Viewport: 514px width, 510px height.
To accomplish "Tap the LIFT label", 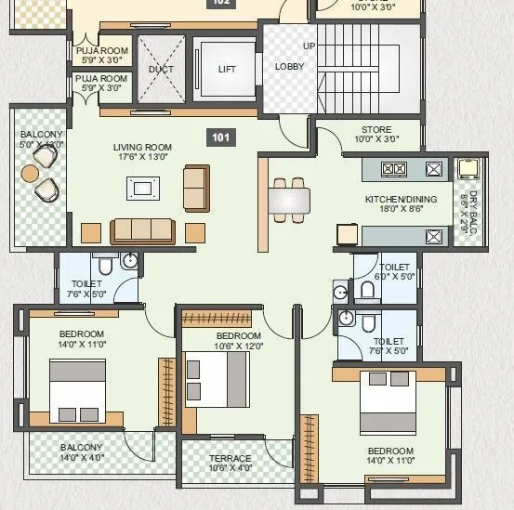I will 227,69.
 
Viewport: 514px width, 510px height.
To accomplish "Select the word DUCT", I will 161,69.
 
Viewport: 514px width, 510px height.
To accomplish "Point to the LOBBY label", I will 288,66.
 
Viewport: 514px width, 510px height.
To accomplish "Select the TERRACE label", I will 230,458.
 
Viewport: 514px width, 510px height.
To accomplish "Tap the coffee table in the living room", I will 142,190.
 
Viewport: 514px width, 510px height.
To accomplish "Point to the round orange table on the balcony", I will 31,173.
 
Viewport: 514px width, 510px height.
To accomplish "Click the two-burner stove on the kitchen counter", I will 393,169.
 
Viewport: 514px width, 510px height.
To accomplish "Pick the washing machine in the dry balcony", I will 468,169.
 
